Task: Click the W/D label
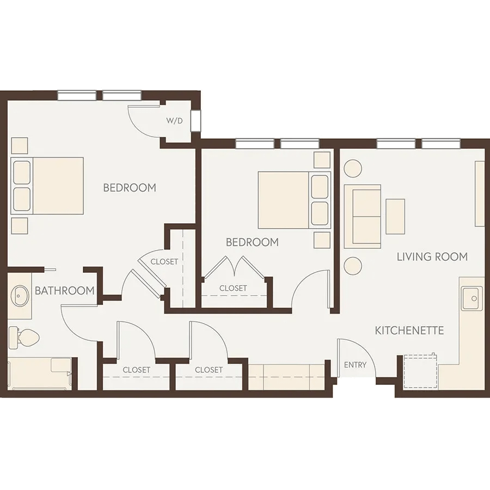pyautogui.click(x=174, y=121)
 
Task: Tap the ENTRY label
pyautogui.click(x=355, y=365)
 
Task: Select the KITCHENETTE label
pyautogui.click(x=409, y=330)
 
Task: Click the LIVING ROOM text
pyautogui.click(x=432, y=257)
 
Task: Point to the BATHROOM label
pyautogui.click(x=64, y=291)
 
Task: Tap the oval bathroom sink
pyautogui.click(x=20, y=296)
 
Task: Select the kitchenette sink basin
pyautogui.click(x=470, y=298)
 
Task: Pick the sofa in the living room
pyautogui.click(x=363, y=216)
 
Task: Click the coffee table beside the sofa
pyautogui.click(x=395, y=217)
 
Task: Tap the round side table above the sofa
pyautogui.click(x=353, y=168)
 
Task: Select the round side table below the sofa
pyautogui.click(x=353, y=266)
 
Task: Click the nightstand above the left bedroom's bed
pyautogui.click(x=20, y=145)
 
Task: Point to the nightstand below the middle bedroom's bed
pyautogui.click(x=322, y=240)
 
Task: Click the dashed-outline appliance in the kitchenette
pyautogui.click(x=420, y=371)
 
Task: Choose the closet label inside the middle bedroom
pyautogui.click(x=233, y=288)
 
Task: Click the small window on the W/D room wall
pyautogui.click(x=197, y=121)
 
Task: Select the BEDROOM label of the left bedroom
pyautogui.click(x=130, y=187)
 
